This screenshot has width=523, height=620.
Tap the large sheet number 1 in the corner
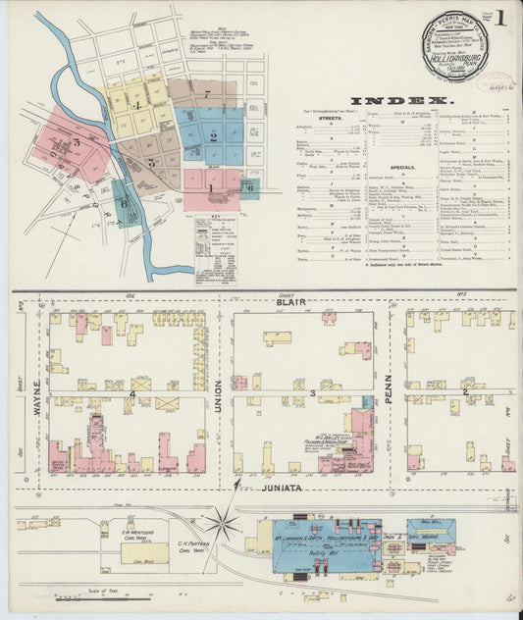(x=501, y=18)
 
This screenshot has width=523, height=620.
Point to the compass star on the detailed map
(x=224, y=520)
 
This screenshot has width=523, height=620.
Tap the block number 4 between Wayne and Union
(x=131, y=393)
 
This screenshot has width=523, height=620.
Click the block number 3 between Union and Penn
(x=312, y=393)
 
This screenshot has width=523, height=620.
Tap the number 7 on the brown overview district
(x=207, y=94)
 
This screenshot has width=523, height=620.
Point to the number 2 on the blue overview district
(x=213, y=136)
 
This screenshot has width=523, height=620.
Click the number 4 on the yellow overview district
(x=138, y=103)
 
